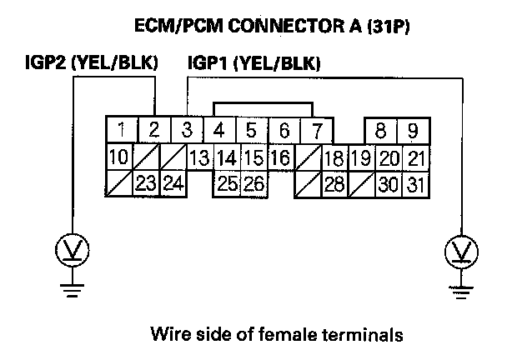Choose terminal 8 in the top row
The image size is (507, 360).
(380, 130)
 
